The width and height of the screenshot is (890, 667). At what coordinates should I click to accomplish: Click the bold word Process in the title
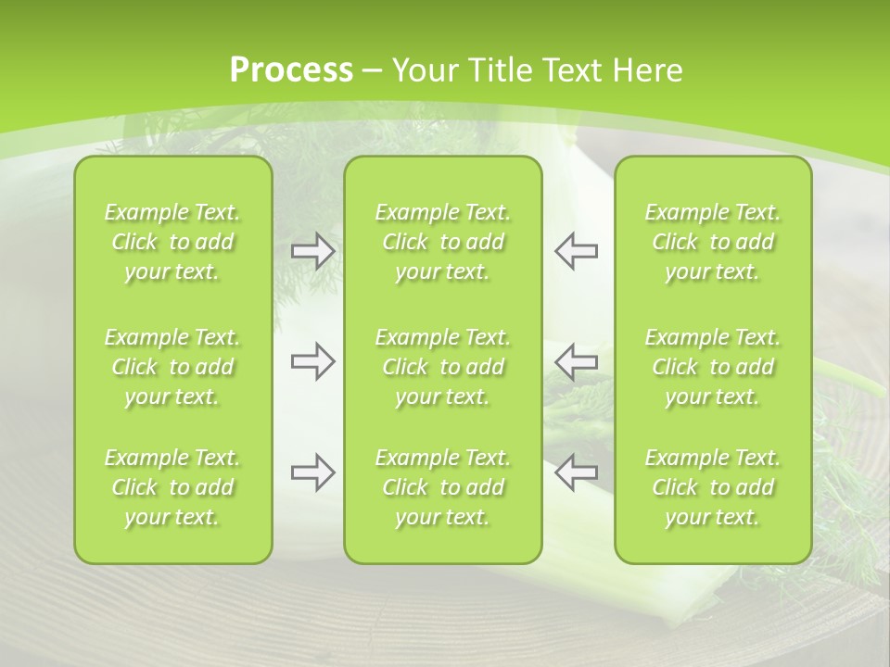point(291,70)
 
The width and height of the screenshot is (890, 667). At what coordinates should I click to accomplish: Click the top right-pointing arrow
point(312,251)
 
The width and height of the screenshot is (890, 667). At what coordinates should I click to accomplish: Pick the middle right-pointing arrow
point(312,361)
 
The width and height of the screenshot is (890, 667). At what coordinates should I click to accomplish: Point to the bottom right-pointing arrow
point(312,472)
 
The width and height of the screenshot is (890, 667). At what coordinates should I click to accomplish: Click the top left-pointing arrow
point(576,251)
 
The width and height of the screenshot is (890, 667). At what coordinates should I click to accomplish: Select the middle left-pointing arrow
point(576,361)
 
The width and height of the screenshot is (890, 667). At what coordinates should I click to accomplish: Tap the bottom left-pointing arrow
point(576,472)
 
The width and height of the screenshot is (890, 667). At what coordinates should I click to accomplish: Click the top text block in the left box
point(172,242)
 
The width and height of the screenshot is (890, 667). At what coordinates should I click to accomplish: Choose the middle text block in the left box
point(172,367)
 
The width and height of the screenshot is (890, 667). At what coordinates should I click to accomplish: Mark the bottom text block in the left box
point(172,487)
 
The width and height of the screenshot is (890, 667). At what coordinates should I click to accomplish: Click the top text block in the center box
point(442,242)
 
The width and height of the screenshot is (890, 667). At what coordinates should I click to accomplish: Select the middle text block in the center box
point(442,367)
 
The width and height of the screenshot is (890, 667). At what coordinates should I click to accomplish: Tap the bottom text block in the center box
point(442,487)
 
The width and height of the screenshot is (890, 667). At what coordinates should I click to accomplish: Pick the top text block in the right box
point(712,242)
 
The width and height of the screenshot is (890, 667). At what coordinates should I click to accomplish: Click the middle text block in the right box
point(712,367)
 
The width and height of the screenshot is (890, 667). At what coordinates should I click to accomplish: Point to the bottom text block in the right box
point(712,487)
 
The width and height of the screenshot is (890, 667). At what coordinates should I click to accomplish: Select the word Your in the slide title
point(422,70)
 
